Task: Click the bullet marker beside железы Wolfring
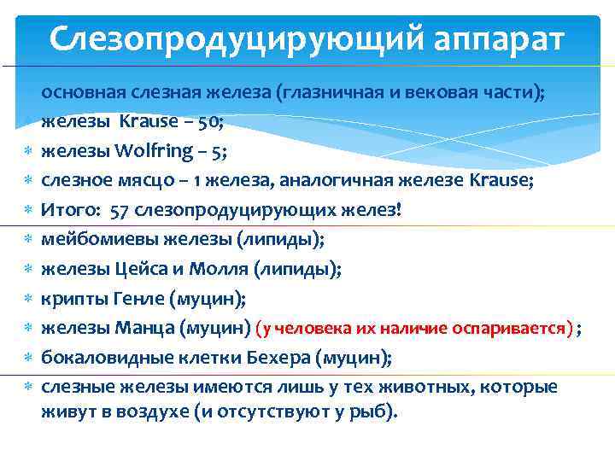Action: tap(27, 151)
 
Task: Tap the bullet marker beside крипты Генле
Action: tap(27, 299)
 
